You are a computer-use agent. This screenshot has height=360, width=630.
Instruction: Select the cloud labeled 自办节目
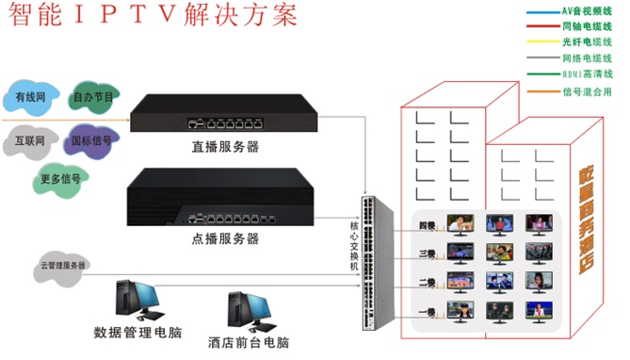point(92,96)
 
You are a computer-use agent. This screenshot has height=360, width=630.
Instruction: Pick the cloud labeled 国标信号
point(91,141)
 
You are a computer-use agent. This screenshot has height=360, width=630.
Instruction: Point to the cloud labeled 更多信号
point(59,176)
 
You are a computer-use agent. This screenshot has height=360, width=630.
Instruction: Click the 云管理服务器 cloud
point(62,266)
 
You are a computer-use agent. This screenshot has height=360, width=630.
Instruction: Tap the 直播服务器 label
point(225,147)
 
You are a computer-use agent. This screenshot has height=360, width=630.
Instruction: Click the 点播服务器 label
point(225,237)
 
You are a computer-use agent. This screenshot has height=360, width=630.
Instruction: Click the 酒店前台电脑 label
point(250,341)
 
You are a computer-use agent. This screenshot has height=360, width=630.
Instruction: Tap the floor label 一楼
point(427,311)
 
